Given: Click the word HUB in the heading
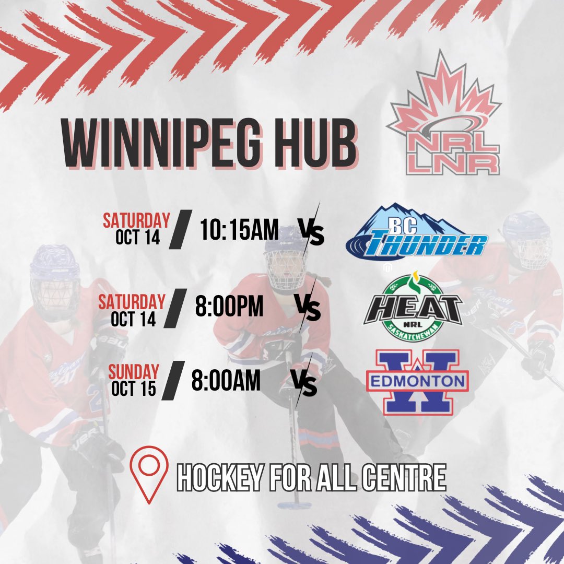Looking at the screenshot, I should [x=316, y=143].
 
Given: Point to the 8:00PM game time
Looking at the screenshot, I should [x=229, y=307].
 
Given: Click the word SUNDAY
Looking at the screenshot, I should [x=134, y=372].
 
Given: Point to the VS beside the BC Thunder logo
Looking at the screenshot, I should [x=311, y=233].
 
